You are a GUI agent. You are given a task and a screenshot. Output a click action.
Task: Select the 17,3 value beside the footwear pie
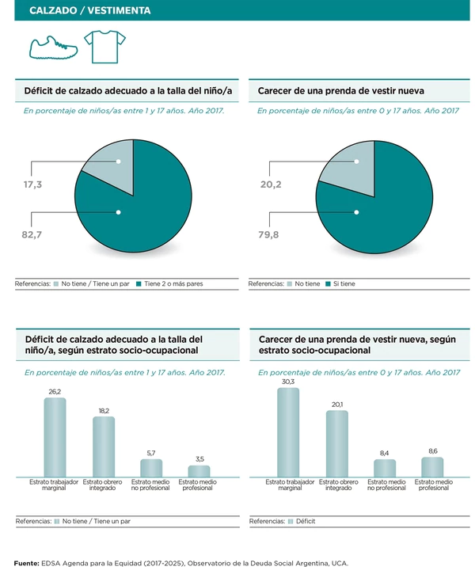click(x=32, y=184)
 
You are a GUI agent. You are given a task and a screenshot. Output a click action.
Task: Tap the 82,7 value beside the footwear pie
click(x=32, y=234)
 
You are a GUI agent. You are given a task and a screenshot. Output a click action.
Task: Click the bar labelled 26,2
click(x=55, y=437)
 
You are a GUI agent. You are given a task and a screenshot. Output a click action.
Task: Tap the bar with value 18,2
click(x=104, y=447)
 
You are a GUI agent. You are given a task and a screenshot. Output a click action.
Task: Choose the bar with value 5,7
click(x=151, y=468)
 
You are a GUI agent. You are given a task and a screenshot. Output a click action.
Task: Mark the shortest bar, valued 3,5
click(x=199, y=471)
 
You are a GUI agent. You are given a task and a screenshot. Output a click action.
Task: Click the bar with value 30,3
click(x=288, y=432)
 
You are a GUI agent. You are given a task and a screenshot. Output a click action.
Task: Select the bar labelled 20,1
click(x=336, y=443)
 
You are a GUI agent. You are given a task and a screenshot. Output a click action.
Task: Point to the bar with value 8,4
click(x=385, y=468)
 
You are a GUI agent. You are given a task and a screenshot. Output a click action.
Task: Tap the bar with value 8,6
click(x=433, y=467)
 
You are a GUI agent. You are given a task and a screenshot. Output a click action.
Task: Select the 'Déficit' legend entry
click(x=306, y=522)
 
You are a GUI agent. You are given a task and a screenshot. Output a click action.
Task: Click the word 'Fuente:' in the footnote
click(x=26, y=563)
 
